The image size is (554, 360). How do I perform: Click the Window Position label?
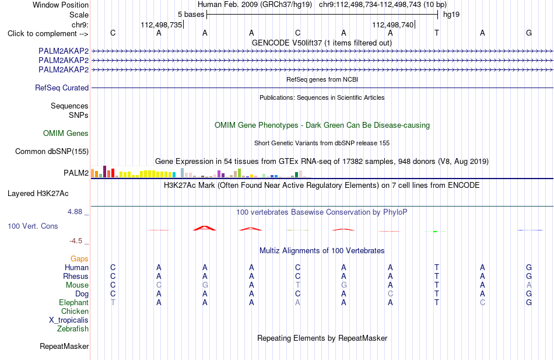61,5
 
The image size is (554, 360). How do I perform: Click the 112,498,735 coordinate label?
161,25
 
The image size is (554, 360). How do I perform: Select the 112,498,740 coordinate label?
392,25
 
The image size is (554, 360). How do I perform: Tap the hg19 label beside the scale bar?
451,15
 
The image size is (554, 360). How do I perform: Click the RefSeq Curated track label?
62,88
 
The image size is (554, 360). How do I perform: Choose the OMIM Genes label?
66,133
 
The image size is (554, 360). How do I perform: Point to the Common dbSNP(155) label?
52,151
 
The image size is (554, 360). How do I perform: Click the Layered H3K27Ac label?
38,194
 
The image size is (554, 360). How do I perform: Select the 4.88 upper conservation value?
75,212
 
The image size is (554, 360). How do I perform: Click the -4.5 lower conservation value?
76,241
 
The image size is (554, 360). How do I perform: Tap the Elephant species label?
74,303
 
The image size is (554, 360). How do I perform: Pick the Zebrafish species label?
73,329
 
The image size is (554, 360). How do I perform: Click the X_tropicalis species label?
69,320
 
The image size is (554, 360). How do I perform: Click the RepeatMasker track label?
64,346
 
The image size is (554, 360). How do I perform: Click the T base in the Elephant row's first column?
113,303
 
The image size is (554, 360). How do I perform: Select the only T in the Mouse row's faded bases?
298,285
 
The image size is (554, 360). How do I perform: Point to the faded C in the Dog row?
390,294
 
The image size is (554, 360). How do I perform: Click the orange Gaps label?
79,259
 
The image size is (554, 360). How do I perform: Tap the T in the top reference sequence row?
437,33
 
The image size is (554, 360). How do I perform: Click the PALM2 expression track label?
76,173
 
